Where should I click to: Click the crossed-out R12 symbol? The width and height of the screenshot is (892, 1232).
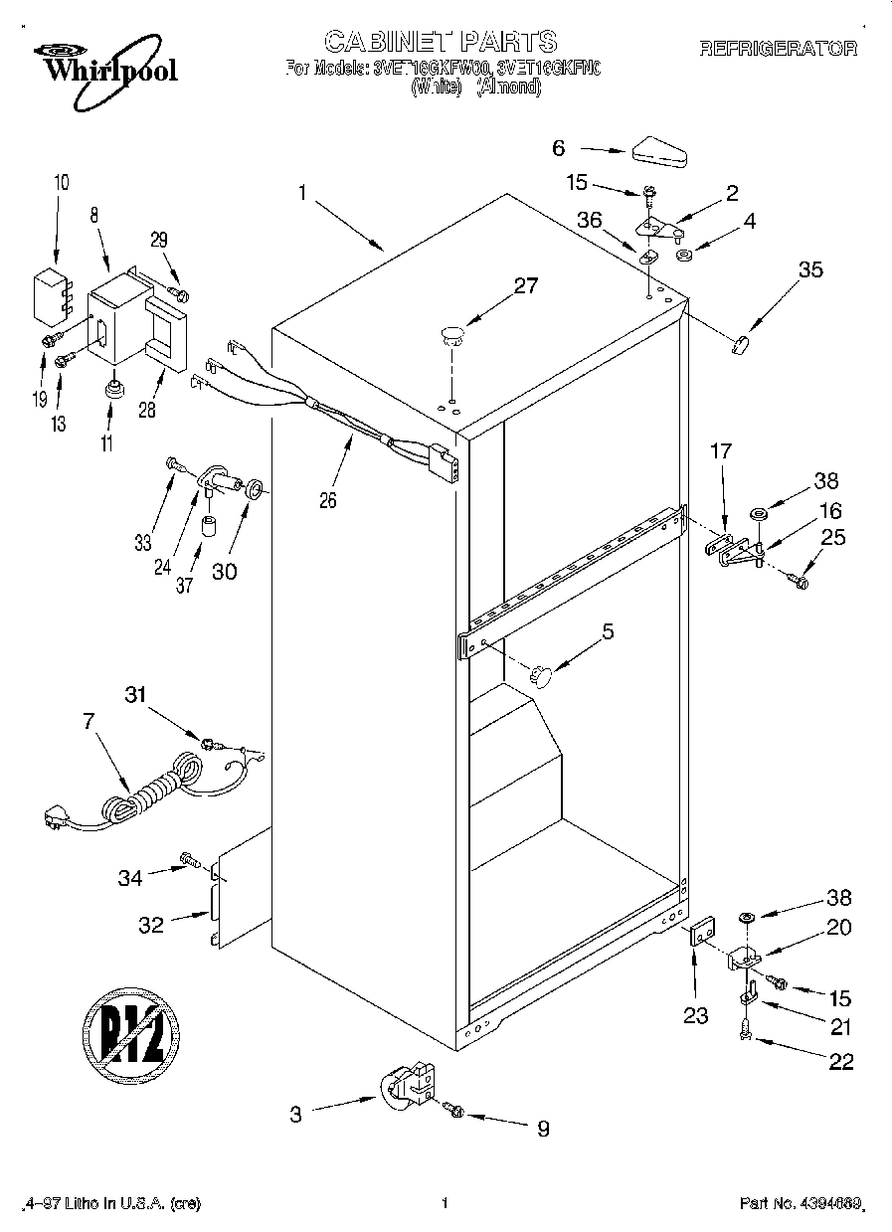coord(130,1031)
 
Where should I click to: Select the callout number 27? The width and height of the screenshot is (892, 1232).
coord(525,286)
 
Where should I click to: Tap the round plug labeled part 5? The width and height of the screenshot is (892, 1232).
coord(542,675)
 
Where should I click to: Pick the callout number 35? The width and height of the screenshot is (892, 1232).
coord(810,269)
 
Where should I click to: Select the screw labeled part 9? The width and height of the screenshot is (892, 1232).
coord(455,1109)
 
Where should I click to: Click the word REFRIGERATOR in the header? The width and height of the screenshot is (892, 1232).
coord(779,48)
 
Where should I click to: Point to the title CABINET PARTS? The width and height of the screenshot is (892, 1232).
coord(441,41)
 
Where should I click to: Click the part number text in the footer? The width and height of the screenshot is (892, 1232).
coord(802,1204)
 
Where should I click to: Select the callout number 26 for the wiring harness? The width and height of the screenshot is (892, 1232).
coord(327,500)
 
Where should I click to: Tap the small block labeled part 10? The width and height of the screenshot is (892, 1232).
coord(49,294)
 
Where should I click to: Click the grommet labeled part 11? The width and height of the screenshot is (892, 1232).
coord(115,386)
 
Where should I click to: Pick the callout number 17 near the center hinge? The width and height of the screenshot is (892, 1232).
coord(720,451)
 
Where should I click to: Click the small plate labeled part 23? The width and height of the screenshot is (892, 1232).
coord(703,937)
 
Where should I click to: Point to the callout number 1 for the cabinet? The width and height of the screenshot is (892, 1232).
coord(302,193)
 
